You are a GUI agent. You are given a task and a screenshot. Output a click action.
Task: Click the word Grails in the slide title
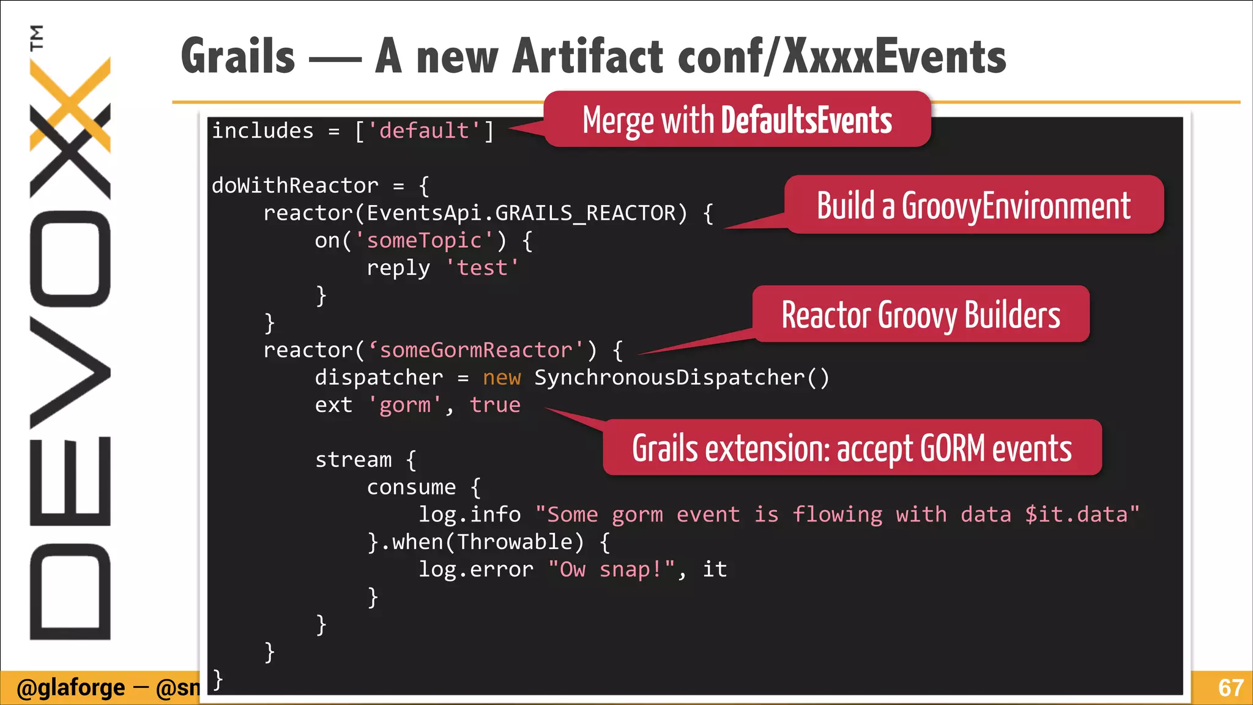[238, 56]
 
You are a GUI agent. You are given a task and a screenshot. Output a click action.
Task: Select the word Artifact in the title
[588, 56]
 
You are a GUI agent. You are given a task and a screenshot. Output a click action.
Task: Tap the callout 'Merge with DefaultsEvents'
[737, 120]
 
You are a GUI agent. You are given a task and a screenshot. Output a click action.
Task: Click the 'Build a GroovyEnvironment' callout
[973, 206]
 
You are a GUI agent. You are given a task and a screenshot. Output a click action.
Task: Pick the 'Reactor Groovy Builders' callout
[921, 315]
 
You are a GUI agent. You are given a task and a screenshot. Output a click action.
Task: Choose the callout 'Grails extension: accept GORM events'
[852, 448]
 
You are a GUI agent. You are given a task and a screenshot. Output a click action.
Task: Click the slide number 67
[1230, 688]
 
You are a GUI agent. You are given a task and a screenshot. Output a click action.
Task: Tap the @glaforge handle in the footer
[70, 688]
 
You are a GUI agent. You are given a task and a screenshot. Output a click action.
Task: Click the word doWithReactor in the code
[295, 185]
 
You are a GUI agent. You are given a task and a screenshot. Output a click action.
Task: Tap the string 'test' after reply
[482, 268]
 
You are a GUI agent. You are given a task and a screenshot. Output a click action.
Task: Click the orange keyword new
[502, 378]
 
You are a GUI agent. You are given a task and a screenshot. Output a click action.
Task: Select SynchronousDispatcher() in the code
[682, 378]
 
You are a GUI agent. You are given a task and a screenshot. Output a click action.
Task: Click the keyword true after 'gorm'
[495, 405]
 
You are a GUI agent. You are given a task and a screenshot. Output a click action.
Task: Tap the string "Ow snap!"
[611, 570]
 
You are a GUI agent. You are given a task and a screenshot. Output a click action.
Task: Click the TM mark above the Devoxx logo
[37, 37]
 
